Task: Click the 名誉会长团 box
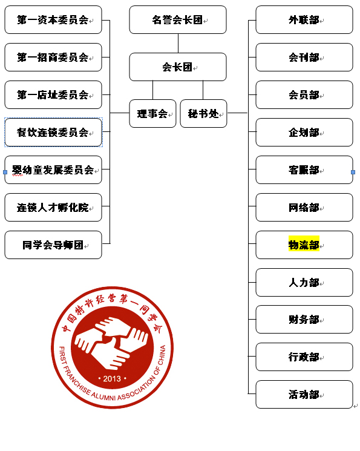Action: tap(178, 19)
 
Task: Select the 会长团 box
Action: tap(178, 67)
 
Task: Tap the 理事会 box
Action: tap(152, 113)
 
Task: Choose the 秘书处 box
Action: tap(203, 113)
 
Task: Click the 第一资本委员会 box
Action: tap(53, 19)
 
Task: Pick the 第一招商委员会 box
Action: tap(53, 58)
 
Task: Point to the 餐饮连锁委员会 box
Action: tap(53, 132)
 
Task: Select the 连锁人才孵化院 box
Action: tap(53, 208)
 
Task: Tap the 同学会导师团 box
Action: tap(53, 245)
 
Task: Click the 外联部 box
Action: tap(304, 19)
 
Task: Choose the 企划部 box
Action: tap(304, 132)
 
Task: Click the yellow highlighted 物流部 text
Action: tap(304, 245)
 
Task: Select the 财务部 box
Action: tap(304, 319)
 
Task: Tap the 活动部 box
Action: tap(304, 394)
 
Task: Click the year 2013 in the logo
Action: tap(112, 379)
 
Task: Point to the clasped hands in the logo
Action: tap(111, 342)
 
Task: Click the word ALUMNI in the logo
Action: tap(104, 397)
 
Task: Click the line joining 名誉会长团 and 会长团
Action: tap(178, 43)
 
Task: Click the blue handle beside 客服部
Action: tap(353, 172)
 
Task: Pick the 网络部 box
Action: tap(304, 208)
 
